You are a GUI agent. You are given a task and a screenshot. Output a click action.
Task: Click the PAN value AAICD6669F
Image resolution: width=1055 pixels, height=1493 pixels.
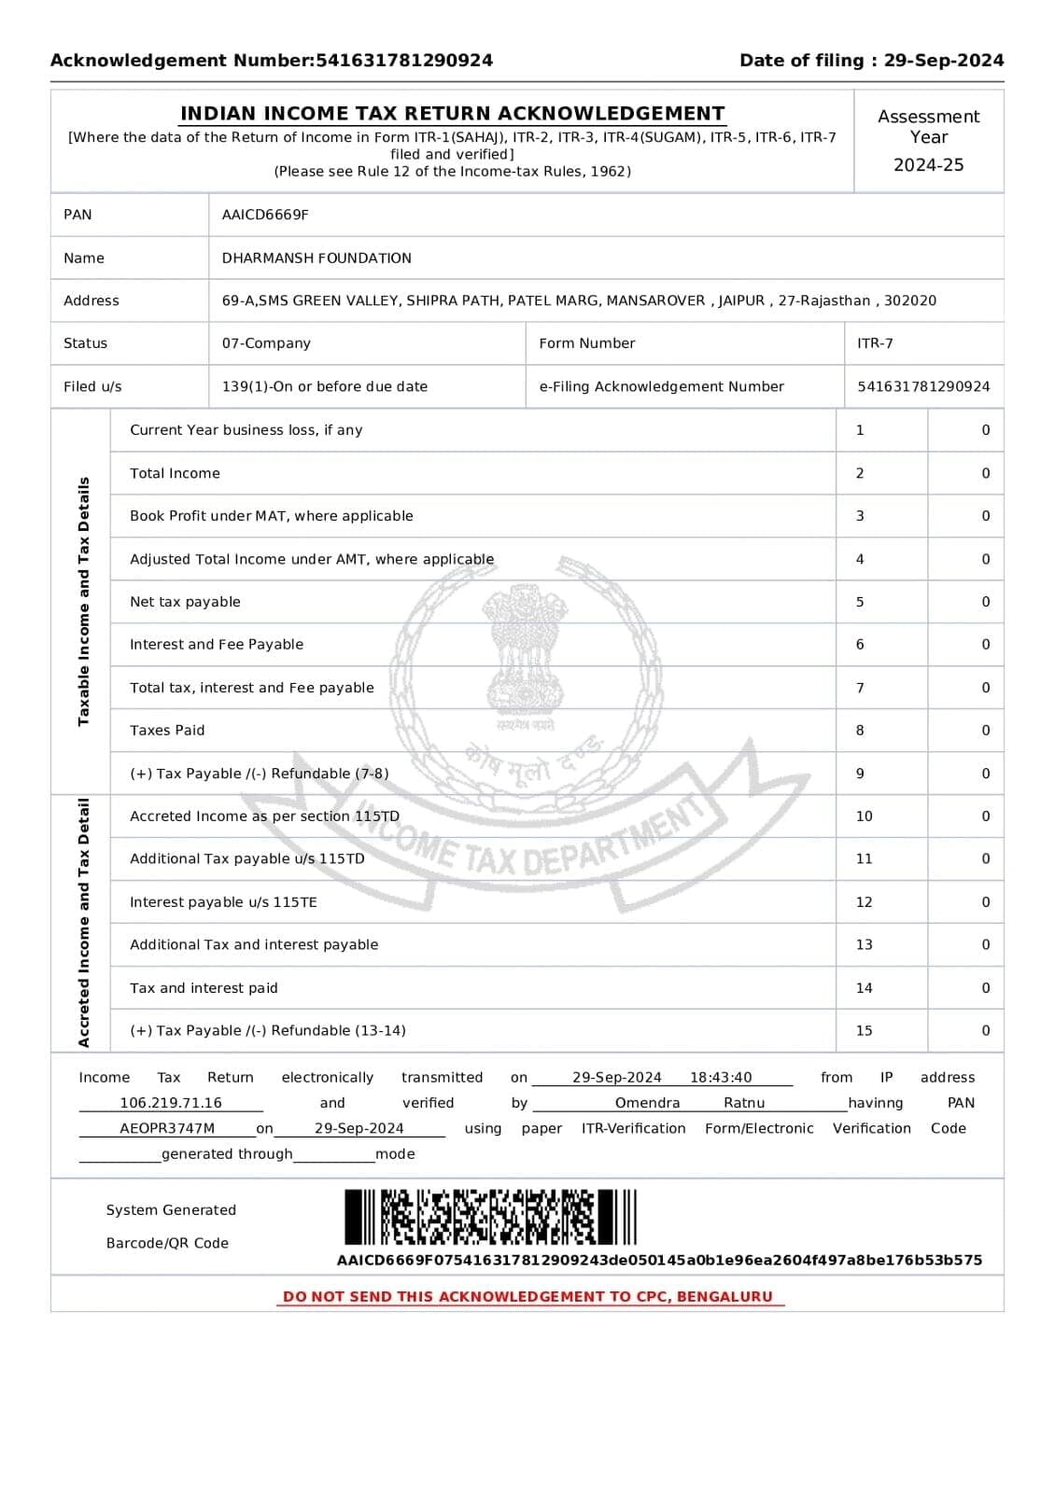(265, 215)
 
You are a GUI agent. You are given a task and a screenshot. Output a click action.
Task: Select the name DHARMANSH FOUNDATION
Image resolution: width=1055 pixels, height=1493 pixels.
(316, 258)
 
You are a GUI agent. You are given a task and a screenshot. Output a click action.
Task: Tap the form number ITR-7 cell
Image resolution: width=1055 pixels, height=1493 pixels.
(875, 343)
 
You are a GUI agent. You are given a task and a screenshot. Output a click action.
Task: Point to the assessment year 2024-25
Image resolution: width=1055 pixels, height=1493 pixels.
(928, 165)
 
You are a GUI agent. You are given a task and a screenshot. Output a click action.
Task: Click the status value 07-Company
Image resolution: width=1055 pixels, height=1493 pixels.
(266, 343)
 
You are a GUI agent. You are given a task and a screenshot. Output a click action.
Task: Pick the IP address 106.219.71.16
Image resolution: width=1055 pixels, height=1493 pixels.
(171, 1103)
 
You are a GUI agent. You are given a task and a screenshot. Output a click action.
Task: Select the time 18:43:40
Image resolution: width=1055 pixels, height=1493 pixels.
(721, 1078)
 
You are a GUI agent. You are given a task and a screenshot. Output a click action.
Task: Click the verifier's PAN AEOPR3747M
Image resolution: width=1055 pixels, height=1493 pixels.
(167, 1128)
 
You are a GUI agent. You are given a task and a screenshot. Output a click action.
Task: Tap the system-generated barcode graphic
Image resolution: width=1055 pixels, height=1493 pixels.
(490, 1217)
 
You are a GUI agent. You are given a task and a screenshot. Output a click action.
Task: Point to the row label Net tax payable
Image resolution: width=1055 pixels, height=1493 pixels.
(185, 602)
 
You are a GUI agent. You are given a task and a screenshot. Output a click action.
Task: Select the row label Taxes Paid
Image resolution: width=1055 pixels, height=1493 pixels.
(167, 731)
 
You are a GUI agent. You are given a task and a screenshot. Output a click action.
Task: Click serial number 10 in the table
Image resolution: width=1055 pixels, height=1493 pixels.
(864, 816)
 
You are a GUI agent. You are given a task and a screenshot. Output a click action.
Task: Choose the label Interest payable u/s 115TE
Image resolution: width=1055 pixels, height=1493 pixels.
(223, 902)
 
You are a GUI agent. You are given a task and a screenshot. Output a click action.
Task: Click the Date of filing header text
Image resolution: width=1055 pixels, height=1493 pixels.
(871, 61)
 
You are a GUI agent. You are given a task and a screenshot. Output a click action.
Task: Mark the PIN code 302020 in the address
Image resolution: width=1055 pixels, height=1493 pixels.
(910, 300)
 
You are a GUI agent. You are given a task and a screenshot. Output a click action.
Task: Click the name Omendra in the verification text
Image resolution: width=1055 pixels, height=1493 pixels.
(647, 1103)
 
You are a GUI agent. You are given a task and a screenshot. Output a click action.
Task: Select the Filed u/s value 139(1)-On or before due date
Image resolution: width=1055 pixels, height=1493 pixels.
(324, 386)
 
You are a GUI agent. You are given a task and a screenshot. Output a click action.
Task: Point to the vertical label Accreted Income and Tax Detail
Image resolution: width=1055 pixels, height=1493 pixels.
(84, 923)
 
